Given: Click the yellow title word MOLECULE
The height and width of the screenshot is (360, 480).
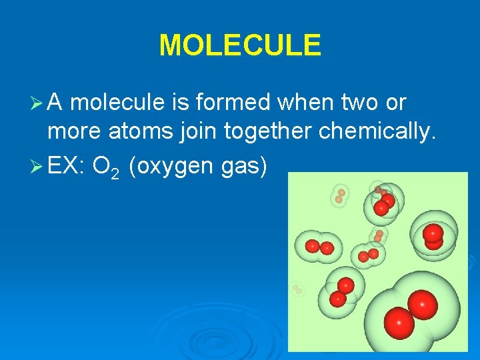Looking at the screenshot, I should point(240,45).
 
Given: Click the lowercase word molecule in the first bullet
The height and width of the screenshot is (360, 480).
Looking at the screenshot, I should point(116,103).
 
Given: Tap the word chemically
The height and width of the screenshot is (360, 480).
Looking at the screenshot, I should point(377,133).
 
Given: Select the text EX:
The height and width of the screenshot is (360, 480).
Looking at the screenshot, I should point(65,164).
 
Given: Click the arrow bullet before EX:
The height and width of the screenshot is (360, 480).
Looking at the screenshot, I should point(39,164).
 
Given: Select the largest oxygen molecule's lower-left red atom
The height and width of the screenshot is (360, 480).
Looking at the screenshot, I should point(400,323).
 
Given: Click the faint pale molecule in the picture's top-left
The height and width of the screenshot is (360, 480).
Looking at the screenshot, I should point(340,195).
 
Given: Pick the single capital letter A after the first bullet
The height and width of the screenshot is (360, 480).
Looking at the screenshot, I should point(56,103).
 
